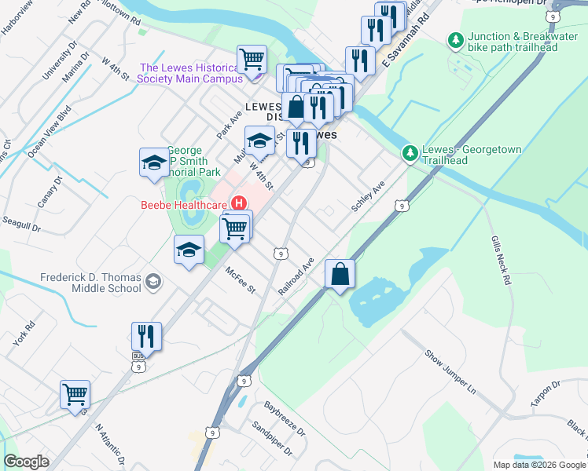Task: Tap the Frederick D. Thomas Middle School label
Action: (x=91, y=283)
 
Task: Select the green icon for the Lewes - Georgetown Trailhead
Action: (x=409, y=152)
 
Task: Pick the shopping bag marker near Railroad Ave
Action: (x=340, y=275)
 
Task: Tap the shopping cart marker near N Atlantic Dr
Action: (x=75, y=394)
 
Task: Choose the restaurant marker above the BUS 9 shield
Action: (x=146, y=337)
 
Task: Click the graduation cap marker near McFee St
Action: (x=188, y=250)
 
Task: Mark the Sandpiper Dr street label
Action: (x=272, y=441)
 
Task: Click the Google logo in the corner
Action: (x=27, y=462)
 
